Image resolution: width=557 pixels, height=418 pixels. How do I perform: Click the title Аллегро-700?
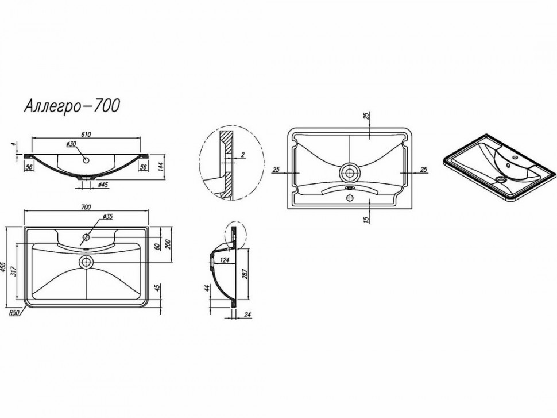[x=72, y=106]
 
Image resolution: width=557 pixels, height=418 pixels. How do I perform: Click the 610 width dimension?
[x=86, y=134]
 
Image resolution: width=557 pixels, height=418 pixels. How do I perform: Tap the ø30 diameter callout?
[x=71, y=144]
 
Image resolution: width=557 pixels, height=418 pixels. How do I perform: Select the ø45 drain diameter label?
[x=103, y=185]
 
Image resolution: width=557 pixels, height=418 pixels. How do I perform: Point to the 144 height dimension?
[x=160, y=167]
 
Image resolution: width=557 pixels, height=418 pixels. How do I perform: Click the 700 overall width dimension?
[x=86, y=207]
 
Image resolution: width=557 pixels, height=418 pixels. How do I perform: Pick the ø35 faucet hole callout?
[x=107, y=216]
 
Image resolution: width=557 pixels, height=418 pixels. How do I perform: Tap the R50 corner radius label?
[x=14, y=313]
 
